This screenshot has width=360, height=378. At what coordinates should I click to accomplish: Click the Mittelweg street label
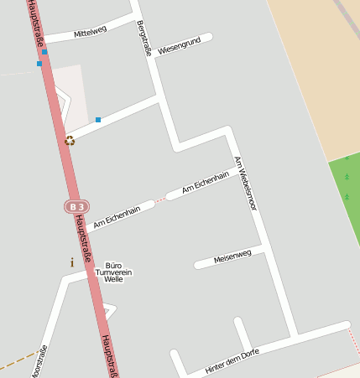tap(90, 33)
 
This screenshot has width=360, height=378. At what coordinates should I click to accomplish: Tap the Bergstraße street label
tap(143, 37)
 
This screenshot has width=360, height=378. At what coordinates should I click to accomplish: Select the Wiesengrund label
tap(179, 46)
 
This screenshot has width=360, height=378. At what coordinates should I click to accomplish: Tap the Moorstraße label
tap(38, 362)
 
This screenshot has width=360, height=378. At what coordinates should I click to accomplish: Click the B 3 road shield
tap(76, 206)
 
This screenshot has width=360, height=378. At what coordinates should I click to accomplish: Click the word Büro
tap(113, 264)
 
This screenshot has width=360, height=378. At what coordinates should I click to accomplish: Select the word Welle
tap(113, 279)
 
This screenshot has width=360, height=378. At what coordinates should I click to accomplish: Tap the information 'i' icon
tap(72, 262)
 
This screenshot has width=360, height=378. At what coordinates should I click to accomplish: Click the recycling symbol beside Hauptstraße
tap(70, 140)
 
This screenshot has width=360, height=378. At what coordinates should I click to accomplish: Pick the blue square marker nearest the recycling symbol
tap(98, 120)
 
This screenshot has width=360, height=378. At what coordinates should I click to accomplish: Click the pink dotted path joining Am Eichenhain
tap(160, 199)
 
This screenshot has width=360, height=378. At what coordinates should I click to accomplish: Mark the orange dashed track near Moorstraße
tap(17, 362)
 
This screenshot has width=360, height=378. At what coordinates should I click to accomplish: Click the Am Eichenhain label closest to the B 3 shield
tap(117, 218)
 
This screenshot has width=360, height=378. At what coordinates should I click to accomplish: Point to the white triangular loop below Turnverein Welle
tap(110, 311)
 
